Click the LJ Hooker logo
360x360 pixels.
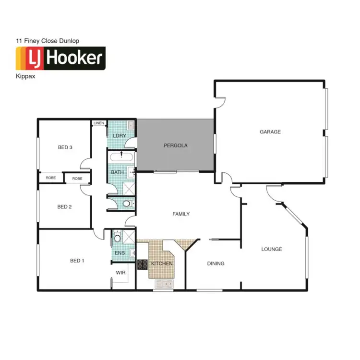coord(60,58)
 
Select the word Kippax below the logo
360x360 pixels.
coord(25,76)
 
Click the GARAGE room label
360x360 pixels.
coord(270,132)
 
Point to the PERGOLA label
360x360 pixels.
coord(175,145)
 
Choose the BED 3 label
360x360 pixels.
coord(65,147)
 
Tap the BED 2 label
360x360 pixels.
coord(64,207)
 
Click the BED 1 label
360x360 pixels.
coord(77,261)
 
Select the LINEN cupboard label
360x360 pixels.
coord(99,123)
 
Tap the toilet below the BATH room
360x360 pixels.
coord(127,204)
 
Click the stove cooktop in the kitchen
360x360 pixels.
coord(143,264)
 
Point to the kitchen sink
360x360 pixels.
coord(164,284)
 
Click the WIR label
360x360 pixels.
coord(120,273)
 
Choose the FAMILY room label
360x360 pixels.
coord(181,214)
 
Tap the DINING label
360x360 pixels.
coord(216,263)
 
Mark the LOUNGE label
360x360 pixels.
coord(271,249)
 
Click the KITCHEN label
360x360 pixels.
coord(161,264)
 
